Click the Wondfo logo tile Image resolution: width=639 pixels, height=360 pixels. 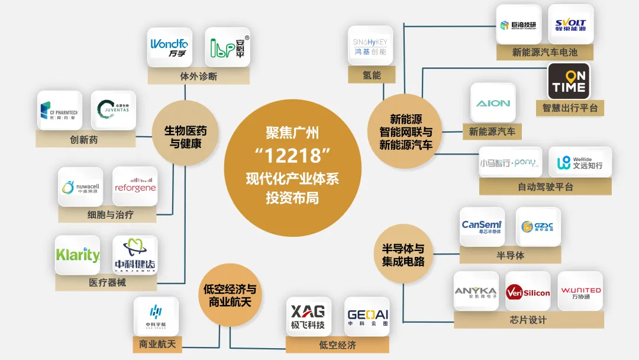169,47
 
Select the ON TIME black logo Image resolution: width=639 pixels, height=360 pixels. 569,81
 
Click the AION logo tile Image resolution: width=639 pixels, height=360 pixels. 493,103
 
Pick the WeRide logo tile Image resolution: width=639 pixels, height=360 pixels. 580,162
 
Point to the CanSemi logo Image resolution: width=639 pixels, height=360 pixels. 482,227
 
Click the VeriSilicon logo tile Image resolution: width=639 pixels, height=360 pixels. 528,291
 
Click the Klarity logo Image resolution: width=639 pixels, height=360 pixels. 78,255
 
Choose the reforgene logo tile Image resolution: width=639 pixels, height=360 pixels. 135,187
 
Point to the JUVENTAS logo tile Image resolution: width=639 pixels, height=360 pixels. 114,110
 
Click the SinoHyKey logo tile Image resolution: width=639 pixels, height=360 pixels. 370,46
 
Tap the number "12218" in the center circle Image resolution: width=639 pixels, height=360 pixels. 292,156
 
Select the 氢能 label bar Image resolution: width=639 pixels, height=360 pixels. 372,75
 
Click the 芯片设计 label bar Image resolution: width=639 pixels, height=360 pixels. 528,320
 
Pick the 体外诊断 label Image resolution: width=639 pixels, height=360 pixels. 198,76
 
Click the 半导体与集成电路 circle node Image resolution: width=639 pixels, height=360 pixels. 402,255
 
